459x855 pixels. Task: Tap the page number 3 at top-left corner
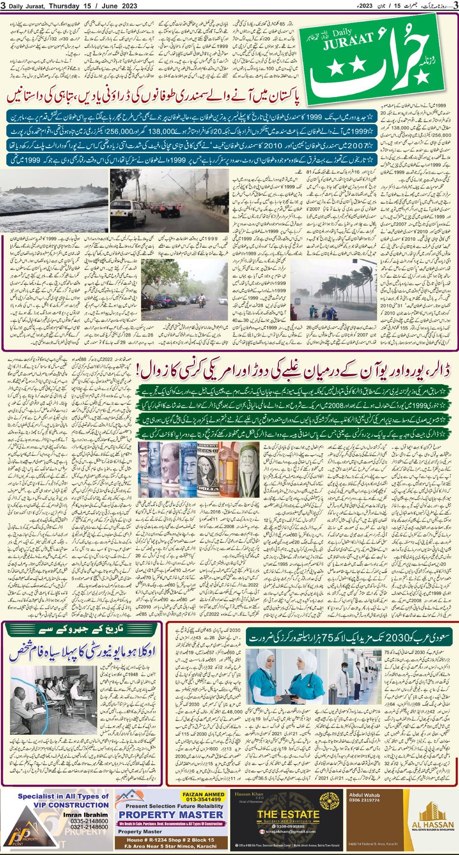click(x=4, y=5)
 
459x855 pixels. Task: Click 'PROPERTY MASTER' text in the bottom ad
click(x=171, y=814)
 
